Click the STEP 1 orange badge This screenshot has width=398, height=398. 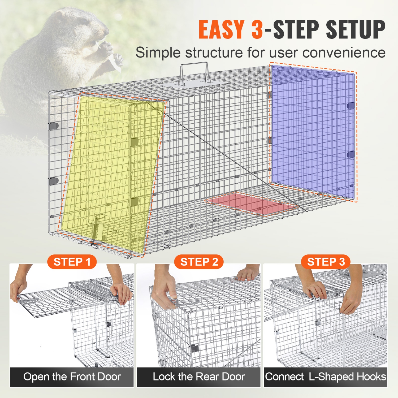(72, 262)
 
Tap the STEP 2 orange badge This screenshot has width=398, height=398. (199, 262)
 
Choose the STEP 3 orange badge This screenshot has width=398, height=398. (326, 262)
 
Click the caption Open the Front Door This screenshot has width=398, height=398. (72, 377)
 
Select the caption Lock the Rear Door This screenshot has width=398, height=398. (199, 377)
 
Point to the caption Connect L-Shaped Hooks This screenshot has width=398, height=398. (326, 377)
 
